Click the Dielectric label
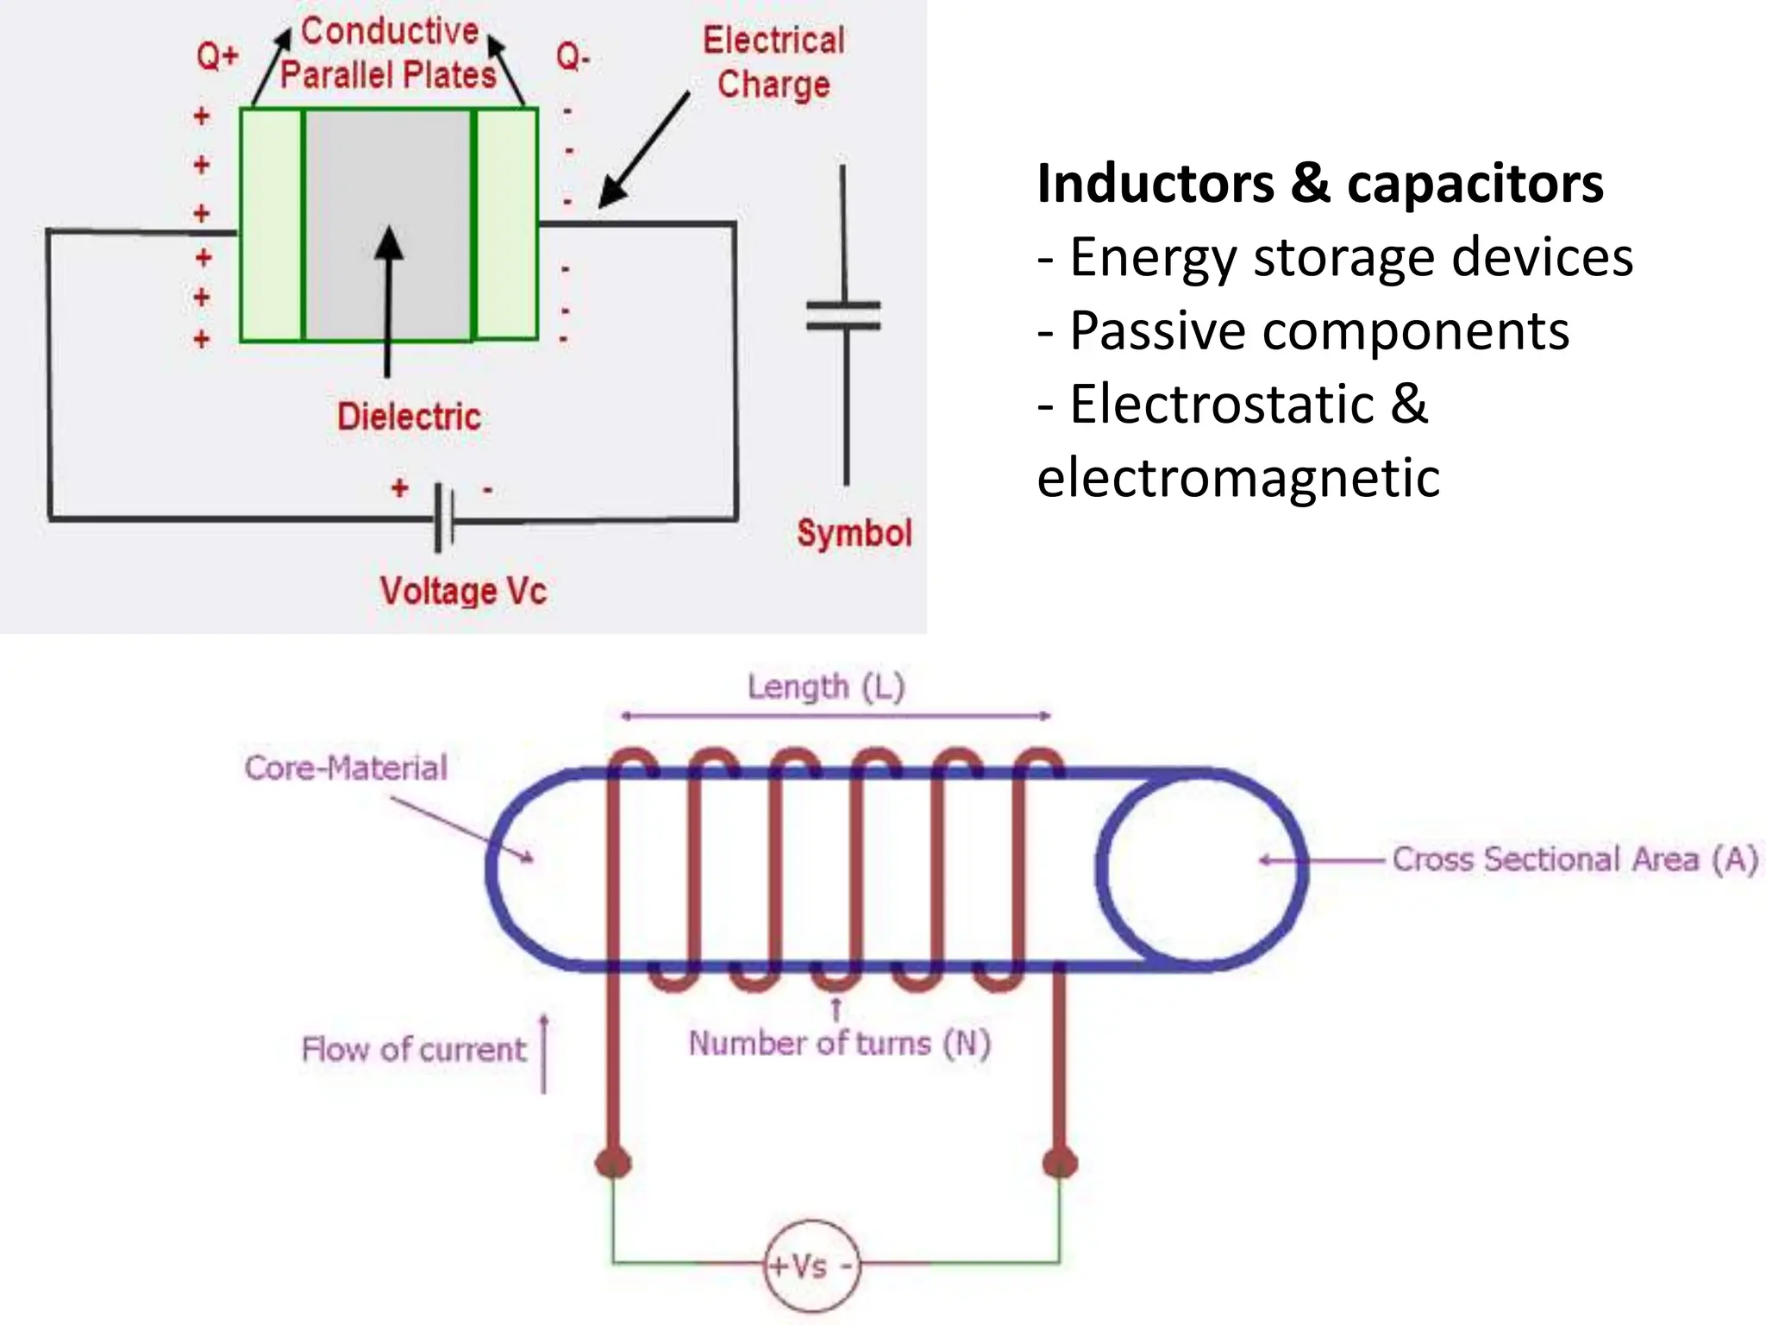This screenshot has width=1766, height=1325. pyautogui.click(x=409, y=418)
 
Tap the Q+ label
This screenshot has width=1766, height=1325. pyautogui.click(x=216, y=57)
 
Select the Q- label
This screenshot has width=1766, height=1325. pyautogui.click(x=573, y=58)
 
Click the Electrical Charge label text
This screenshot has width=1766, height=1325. pyautogui.click(x=773, y=63)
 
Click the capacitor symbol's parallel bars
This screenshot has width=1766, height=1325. pyautogui.click(x=843, y=316)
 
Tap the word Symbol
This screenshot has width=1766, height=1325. pyautogui.click(x=854, y=533)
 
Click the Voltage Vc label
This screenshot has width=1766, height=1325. pyautogui.click(x=463, y=592)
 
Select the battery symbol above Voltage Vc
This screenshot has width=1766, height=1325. pyautogui.click(x=443, y=518)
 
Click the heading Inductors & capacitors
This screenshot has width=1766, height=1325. pyautogui.click(x=1319, y=184)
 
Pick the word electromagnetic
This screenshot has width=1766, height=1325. pyautogui.click(x=1238, y=478)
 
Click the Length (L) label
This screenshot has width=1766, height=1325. pyautogui.click(x=825, y=688)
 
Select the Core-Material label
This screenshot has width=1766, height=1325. pyautogui.click(x=346, y=768)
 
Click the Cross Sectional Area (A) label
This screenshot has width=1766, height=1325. pyautogui.click(x=1575, y=860)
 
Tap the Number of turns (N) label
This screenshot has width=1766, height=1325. pyautogui.click(x=839, y=1044)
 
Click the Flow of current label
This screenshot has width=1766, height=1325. pyautogui.click(x=413, y=1050)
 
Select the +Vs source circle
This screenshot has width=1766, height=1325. pyautogui.click(x=811, y=1266)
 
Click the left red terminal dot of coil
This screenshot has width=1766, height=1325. pyautogui.click(x=613, y=1162)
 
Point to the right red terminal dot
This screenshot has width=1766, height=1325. pyautogui.click(x=1060, y=1162)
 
